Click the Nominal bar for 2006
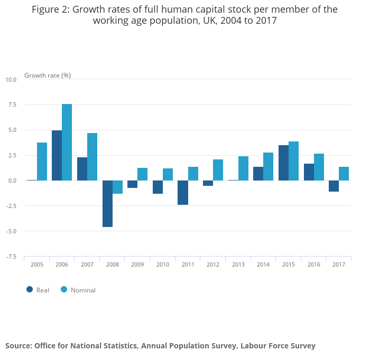pyautogui.click(x=67, y=142)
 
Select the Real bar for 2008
pyautogui.click(x=107, y=204)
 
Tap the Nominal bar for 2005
pyautogui.click(x=42, y=162)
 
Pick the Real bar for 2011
pyautogui.click(x=183, y=193)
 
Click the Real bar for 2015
pyautogui.click(x=283, y=163)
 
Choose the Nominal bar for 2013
pyautogui.click(x=243, y=168)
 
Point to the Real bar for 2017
pyautogui.click(x=334, y=186)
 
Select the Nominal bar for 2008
pyautogui.click(x=117, y=187)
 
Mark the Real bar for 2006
pyautogui.click(x=57, y=155)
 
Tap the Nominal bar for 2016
pyautogui.click(x=319, y=167)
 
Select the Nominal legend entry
pyautogui.click(x=78, y=290)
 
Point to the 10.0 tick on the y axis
pyautogui.click(x=11, y=80)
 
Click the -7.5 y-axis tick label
pyautogui.click(x=11, y=257)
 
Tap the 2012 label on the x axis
pyautogui.click(x=213, y=264)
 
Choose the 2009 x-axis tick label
pyautogui.click(x=137, y=264)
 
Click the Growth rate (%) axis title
pyautogui.click(x=48, y=75)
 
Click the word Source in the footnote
pyautogui.click(x=18, y=346)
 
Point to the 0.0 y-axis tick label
pyautogui.click(x=12, y=181)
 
